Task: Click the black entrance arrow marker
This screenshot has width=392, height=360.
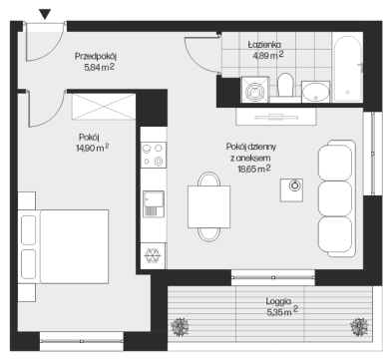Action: pyautogui.click(x=45, y=14)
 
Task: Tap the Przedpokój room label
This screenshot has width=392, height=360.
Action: pyautogui.click(x=96, y=56)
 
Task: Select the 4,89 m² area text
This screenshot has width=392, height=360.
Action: pyautogui.click(x=268, y=55)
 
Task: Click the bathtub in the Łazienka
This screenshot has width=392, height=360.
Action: pyautogui.click(x=347, y=69)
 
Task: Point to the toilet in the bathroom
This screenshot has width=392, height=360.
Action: pyautogui.click(x=285, y=85)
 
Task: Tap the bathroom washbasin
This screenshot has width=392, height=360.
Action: pyautogui.click(x=315, y=92)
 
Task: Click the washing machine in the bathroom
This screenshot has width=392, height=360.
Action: pyautogui.click(x=255, y=89)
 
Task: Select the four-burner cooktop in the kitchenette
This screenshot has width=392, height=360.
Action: pyautogui.click(x=154, y=155)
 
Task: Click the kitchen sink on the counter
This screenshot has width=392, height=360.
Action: pyautogui.click(x=154, y=203)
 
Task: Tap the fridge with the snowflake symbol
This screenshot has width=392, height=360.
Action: pyautogui.click(x=153, y=255)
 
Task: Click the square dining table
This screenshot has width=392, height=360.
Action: pyautogui.click(x=208, y=206)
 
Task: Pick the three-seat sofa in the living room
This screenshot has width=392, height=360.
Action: pyautogui.click(x=336, y=198)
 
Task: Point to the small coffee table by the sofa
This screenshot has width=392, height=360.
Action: pyautogui.click(x=291, y=190)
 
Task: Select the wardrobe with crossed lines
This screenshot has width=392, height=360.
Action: pyautogui.click(x=104, y=107)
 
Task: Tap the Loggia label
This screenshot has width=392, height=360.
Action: pyautogui.click(x=278, y=301)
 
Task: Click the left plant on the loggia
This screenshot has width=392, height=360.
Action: pyautogui.click(x=180, y=327)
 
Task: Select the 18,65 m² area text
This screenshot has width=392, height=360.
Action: pyautogui.click(x=254, y=169)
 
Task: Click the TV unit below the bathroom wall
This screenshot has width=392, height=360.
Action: pyautogui.click(x=276, y=117)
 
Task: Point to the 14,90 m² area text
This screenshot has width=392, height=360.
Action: pyautogui.click(x=93, y=148)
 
